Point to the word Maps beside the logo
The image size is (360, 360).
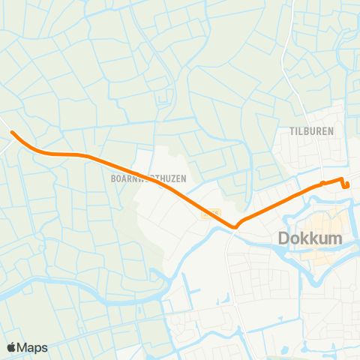pyautogui.click(x=32, y=347)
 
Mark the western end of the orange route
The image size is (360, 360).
pyautogui.click(x=12, y=133)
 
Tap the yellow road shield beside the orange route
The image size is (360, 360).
pyautogui.click(x=211, y=214)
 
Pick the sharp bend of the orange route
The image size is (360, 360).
pyautogui.click(x=235, y=225)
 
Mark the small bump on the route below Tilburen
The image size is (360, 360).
pyautogui.click(x=322, y=182)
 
